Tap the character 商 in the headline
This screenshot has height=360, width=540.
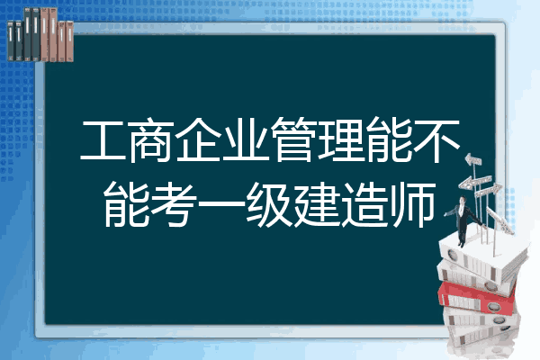[x=151, y=139]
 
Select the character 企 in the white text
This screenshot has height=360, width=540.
[x=199, y=139]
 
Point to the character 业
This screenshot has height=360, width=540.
[x=247, y=139]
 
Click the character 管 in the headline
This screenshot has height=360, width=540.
[x=293, y=139]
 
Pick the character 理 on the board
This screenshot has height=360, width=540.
[x=341, y=139]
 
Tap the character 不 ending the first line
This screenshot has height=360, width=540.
[x=436, y=140]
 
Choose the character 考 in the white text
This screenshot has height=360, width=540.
[x=175, y=204]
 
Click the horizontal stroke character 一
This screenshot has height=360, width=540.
[x=221, y=204]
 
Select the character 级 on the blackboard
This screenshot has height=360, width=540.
[x=269, y=204]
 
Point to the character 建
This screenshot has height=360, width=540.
[x=317, y=204]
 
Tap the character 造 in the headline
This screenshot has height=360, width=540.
[x=364, y=204]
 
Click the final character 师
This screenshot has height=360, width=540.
[x=411, y=204]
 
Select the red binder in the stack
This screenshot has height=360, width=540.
[x=477, y=297]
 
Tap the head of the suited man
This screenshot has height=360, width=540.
[x=463, y=200]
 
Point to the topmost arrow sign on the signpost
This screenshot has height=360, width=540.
[x=472, y=159]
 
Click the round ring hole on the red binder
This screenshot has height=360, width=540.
[x=493, y=306]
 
